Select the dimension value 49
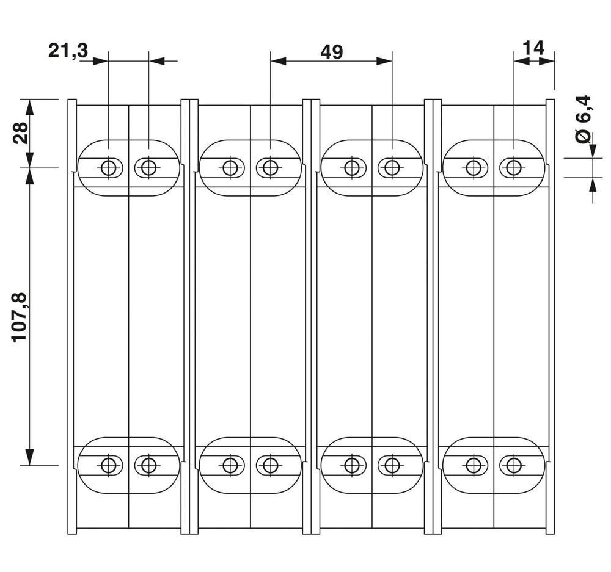(331, 52)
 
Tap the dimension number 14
(533, 48)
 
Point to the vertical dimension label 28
(21, 132)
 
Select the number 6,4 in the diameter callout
(585, 110)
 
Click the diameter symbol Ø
(585, 137)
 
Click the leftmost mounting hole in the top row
(108, 167)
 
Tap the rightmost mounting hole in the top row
(514, 167)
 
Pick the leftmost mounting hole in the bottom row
(108, 465)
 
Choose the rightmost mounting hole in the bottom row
(514, 465)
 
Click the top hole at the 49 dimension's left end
(270, 167)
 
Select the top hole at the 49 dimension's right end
(392, 167)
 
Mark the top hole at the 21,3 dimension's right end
(148, 167)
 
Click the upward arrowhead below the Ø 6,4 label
(592, 186)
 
